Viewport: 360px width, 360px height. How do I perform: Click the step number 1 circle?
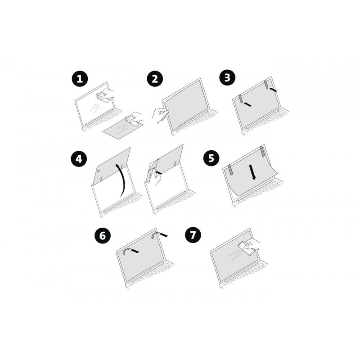tap(80, 80)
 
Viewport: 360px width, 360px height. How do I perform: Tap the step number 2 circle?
tap(154, 79)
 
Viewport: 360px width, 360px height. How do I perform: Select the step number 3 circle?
tap(227, 77)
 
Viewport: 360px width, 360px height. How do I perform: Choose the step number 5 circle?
tap(211, 158)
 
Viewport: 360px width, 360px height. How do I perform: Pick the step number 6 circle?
tap(103, 235)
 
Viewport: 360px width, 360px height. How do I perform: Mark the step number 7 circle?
tap(193, 235)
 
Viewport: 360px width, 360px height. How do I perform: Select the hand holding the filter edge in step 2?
tap(158, 115)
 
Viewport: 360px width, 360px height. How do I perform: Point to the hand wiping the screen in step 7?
tap(250, 245)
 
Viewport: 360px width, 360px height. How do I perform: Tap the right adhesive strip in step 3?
tap(267, 84)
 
